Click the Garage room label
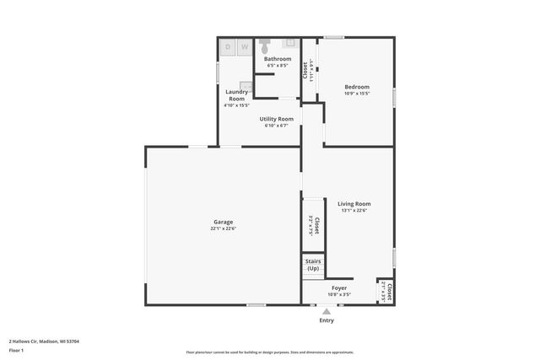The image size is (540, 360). click(x=223, y=222)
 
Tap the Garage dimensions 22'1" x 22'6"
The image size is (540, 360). click(x=223, y=228)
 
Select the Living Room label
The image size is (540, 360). click(x=354, y=203)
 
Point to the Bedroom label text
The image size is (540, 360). click(x=357, y=87)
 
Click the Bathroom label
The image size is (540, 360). click(x=278, y=58)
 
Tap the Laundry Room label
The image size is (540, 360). click(x=236, y=95)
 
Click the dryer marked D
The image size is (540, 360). click(x=228, y=48)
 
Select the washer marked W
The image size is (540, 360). click(x=244, y=48)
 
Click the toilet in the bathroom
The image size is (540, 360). click(x=264, y=42)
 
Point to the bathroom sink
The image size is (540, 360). click(x=289, y=41)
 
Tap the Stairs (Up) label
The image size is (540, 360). click(x=313, y=265)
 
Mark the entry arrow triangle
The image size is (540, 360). click(x=327, y=311)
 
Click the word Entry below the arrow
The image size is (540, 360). click(x=327, y=320)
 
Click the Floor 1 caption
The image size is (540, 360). click(x=17, y=349)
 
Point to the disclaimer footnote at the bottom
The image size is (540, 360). click(x=270, y=352)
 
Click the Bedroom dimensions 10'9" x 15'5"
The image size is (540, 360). click(x=357, y=94)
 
